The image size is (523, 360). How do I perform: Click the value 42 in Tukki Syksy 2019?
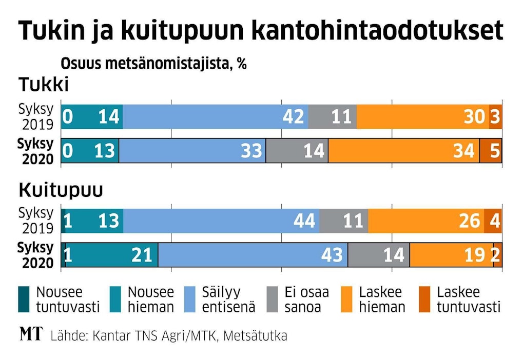tap(293, 117)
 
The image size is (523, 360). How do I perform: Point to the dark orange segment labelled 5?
tap(491, 151)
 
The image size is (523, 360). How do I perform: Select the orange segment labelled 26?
tap(426, 221)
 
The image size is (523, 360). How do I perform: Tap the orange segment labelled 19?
tap(451, 255)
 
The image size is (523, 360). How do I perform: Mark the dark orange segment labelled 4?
tap(493, 221)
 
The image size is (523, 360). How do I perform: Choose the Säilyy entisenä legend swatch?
tap(189, 299)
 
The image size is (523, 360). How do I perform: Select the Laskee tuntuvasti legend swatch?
tap(425, 299)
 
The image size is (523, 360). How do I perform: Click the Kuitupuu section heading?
tap(61, 190)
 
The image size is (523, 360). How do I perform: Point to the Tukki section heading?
tap(44, 84)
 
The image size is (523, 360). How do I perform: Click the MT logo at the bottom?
tap(31, 335)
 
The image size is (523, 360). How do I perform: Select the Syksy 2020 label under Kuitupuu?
tap(35, 255)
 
